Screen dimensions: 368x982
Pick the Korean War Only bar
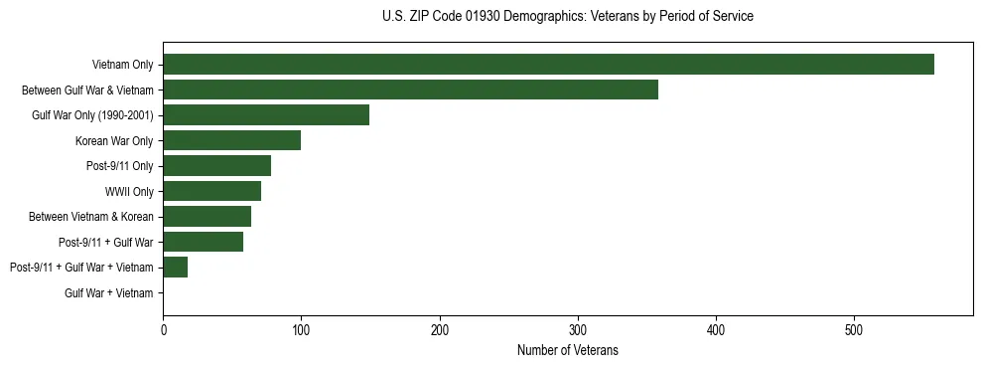click(231, 140)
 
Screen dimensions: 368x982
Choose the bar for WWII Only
click(211, 191)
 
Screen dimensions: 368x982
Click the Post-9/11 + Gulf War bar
click(203, 242)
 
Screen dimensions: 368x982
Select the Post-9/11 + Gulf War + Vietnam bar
click(175, 268)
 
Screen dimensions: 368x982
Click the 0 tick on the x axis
click(163, 327)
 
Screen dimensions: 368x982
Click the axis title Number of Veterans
click(567, 349)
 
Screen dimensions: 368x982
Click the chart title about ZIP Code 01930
click(567, 17)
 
